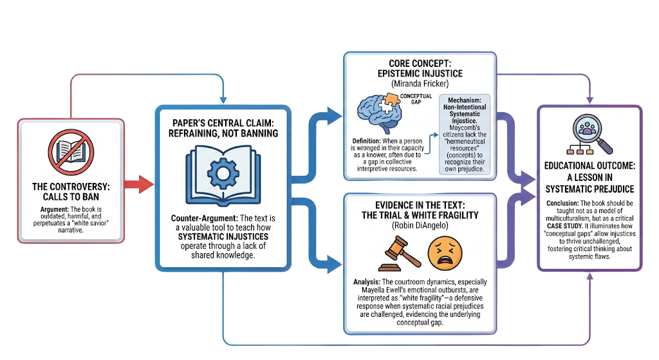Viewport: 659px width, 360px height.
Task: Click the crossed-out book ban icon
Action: pyautogui.click(x=71, y=152)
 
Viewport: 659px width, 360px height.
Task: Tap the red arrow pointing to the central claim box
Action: pyautogui.click(x=139, y=184)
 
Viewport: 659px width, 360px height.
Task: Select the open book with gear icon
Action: pyautogui.click(x=223, y=175)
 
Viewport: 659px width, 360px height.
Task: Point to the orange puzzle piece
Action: pyautogui.click(x=390, y=101)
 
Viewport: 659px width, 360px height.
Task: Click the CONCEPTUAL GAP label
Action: pyautogui.click(x=416, y=99)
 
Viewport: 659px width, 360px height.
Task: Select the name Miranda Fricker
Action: pyautogui.click(x=420, y=83)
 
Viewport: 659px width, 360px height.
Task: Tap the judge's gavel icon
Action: pyautogui.click(x=399, y=254)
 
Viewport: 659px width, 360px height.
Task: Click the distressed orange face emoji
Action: pyautogui.click(x=445, y=254)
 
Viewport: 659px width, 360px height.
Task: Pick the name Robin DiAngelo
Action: pyautogui.click(x=420, y=225)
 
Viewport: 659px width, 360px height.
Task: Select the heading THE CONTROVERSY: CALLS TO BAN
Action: pyautogui.click(x=71, y=192)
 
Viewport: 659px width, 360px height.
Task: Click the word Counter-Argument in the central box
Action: pyautogui.click(x=204, y=218)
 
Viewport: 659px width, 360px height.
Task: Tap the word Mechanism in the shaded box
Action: pyautogui.click(x=465, y=100)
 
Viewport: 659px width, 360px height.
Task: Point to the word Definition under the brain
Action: pyautogui.click(x=366, y=141)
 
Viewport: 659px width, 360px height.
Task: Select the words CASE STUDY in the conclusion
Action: pyautogui.click(x=565, y=226)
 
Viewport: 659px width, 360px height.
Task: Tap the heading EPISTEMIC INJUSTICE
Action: pyautogui.click(x=420, y=73)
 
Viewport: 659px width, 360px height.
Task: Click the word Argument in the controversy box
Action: pyautogui.click(x=54, y=209)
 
